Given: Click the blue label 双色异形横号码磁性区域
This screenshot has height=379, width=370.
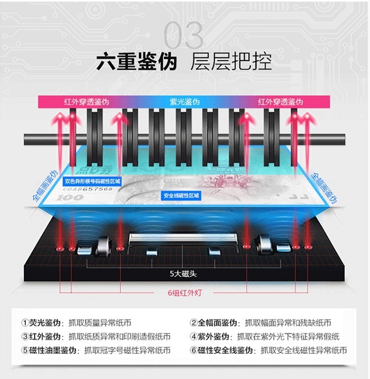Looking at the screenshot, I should [93, 182].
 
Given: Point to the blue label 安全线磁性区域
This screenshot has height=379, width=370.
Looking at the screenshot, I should [181, 195].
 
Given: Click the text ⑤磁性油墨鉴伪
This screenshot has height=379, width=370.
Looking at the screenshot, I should [48, 351].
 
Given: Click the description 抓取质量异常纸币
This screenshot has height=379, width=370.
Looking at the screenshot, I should [101, 323].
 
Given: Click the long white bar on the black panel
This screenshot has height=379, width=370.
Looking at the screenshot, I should [183, 237].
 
